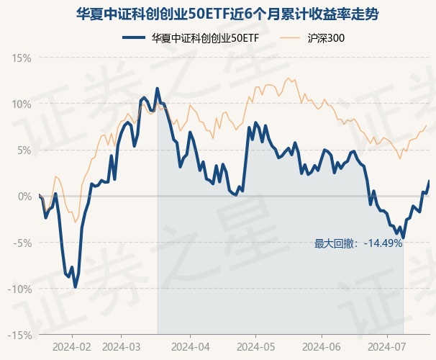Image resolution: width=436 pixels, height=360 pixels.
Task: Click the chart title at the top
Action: pos(218,14)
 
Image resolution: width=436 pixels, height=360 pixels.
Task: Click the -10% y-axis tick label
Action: pos(21,289)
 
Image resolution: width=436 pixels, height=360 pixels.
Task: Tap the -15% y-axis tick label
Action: pos(21,335)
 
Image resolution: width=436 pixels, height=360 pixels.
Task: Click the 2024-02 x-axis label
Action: pos(73,346)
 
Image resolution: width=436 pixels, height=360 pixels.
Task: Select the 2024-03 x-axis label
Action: pos(122,346)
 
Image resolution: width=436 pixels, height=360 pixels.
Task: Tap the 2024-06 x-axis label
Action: pos(322,346)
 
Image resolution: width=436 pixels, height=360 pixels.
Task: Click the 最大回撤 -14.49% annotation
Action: pos(358,243)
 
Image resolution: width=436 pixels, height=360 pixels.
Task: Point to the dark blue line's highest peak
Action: pos(157,89)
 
